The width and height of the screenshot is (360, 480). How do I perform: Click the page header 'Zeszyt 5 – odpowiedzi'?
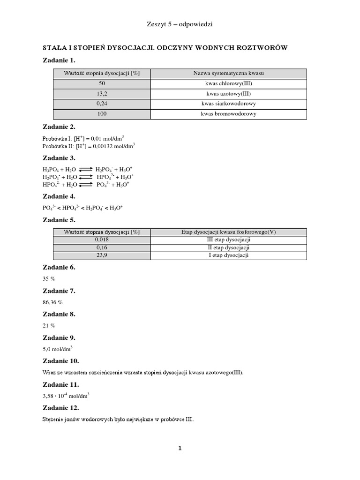(180, 24)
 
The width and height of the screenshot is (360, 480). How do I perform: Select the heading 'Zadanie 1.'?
(59, 60)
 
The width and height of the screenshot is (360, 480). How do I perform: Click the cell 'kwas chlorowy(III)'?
(229, 83)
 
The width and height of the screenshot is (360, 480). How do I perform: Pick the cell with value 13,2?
(102, 94)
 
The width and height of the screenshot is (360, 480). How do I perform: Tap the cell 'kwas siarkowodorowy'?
(229, 104)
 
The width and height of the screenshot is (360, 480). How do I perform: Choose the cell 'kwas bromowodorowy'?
(229, 114)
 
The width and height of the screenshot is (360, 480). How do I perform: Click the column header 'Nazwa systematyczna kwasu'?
(229, 73)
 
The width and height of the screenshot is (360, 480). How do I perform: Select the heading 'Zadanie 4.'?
(59, 196)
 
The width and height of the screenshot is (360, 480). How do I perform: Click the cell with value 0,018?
(102, 239)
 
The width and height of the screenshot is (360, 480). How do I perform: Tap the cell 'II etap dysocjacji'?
(229, 247)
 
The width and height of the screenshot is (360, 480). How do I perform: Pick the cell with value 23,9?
(102, 255)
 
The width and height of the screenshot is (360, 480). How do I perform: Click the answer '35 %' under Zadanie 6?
(49, 278)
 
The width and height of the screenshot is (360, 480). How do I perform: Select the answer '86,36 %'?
(52, 302)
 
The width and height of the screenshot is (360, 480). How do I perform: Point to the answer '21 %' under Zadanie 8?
(49, 325)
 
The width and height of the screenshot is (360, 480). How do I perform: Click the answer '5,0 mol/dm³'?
(57, 349)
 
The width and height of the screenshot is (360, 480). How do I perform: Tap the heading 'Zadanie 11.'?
(61, 384)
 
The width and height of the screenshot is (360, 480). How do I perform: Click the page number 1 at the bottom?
(180, 448)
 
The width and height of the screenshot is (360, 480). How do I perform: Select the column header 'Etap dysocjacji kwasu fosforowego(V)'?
(229, 232)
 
